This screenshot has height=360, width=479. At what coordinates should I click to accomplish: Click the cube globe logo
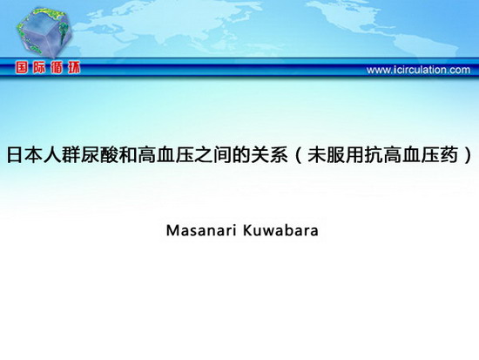pos(44,32)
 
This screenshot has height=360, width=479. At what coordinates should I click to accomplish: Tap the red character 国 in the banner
pos(22,67)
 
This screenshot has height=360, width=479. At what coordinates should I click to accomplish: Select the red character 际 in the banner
pos(39,67)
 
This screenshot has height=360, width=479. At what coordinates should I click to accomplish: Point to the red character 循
pos(57,67)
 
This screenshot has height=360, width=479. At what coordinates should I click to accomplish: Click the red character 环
pos(74,67)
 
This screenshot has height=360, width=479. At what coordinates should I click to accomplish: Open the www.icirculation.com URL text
pos(418,70)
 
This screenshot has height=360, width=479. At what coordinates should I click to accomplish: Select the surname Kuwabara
pos(280,231)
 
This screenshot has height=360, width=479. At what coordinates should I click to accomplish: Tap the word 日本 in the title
pos(24,155)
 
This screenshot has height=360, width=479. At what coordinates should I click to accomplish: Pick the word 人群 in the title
pos(62,155)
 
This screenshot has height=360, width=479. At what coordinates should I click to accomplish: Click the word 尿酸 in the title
pos(99,155)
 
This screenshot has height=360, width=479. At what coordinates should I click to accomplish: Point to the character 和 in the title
pos(128,155)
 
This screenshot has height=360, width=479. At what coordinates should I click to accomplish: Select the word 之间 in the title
pos(213,155)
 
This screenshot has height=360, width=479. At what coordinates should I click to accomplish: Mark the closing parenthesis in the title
pos(468,155)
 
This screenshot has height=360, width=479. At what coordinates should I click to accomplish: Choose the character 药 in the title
pos(449,155)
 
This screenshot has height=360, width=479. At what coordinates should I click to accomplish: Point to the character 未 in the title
pos(317,155)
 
